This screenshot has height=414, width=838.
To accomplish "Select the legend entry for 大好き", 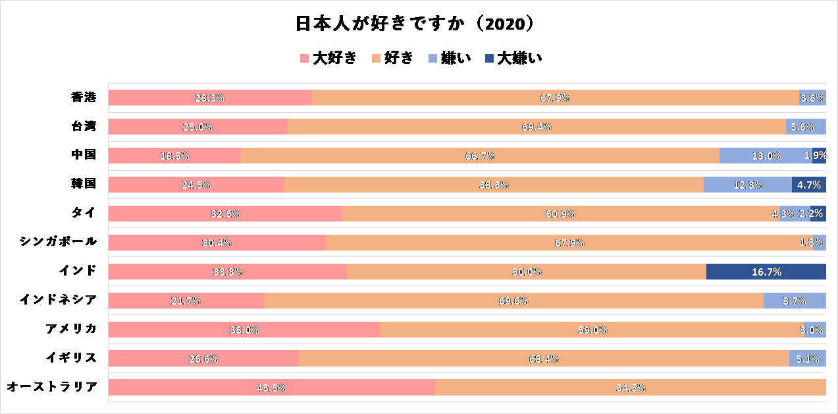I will pos(328,58).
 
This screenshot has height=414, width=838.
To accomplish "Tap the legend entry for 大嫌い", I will pos(513,58).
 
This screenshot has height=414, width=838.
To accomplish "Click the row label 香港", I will pos(84,98).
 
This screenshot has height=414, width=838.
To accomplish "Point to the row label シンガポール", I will pos(59,241).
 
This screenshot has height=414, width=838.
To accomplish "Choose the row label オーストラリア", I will pos(52,387).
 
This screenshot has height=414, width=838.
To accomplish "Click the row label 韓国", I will pos(84,184).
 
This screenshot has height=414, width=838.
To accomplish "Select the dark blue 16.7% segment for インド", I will pos(766,272).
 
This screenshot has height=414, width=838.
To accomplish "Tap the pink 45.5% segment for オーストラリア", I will pos(271,388).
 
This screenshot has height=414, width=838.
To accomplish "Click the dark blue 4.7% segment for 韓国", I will pos(808,185).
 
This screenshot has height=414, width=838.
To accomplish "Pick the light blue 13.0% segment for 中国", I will pos(765,156).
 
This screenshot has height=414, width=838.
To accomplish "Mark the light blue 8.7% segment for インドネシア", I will pos(794,301).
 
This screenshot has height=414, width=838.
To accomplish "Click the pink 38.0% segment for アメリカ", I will pos(244,330).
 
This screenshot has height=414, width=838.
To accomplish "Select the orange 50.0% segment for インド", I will pos(527,272).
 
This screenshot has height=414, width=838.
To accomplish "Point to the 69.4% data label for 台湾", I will pos(537,127).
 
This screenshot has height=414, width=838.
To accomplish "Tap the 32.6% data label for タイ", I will pos(225,214).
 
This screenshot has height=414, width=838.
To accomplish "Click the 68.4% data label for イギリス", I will pos(544,359).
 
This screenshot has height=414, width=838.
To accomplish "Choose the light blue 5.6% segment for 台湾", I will pos(806,127).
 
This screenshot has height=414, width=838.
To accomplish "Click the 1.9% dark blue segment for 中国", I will pos(820,156).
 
